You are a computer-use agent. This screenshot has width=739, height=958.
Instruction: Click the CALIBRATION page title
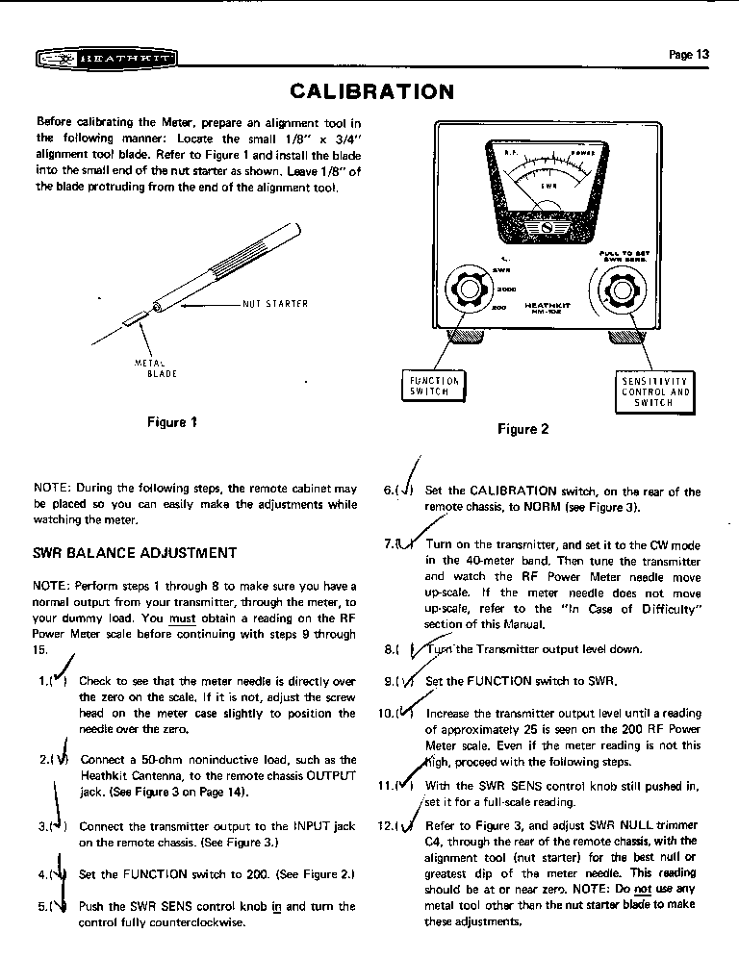tap(371, 91)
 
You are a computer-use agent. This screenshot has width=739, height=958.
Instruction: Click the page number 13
tap(689, 55)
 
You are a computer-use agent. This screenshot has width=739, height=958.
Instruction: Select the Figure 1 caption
tap(172, 421)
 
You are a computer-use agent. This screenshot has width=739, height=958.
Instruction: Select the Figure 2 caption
tap(522, 429)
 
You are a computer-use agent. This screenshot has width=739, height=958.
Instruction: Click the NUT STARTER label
tap(275, 304)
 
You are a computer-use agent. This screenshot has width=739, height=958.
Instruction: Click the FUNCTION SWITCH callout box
tap(435, 386)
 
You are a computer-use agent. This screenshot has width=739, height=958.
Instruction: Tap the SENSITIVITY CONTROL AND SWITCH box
tap(656, 391)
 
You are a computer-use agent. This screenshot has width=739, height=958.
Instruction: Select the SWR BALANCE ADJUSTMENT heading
tap(135, 553)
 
